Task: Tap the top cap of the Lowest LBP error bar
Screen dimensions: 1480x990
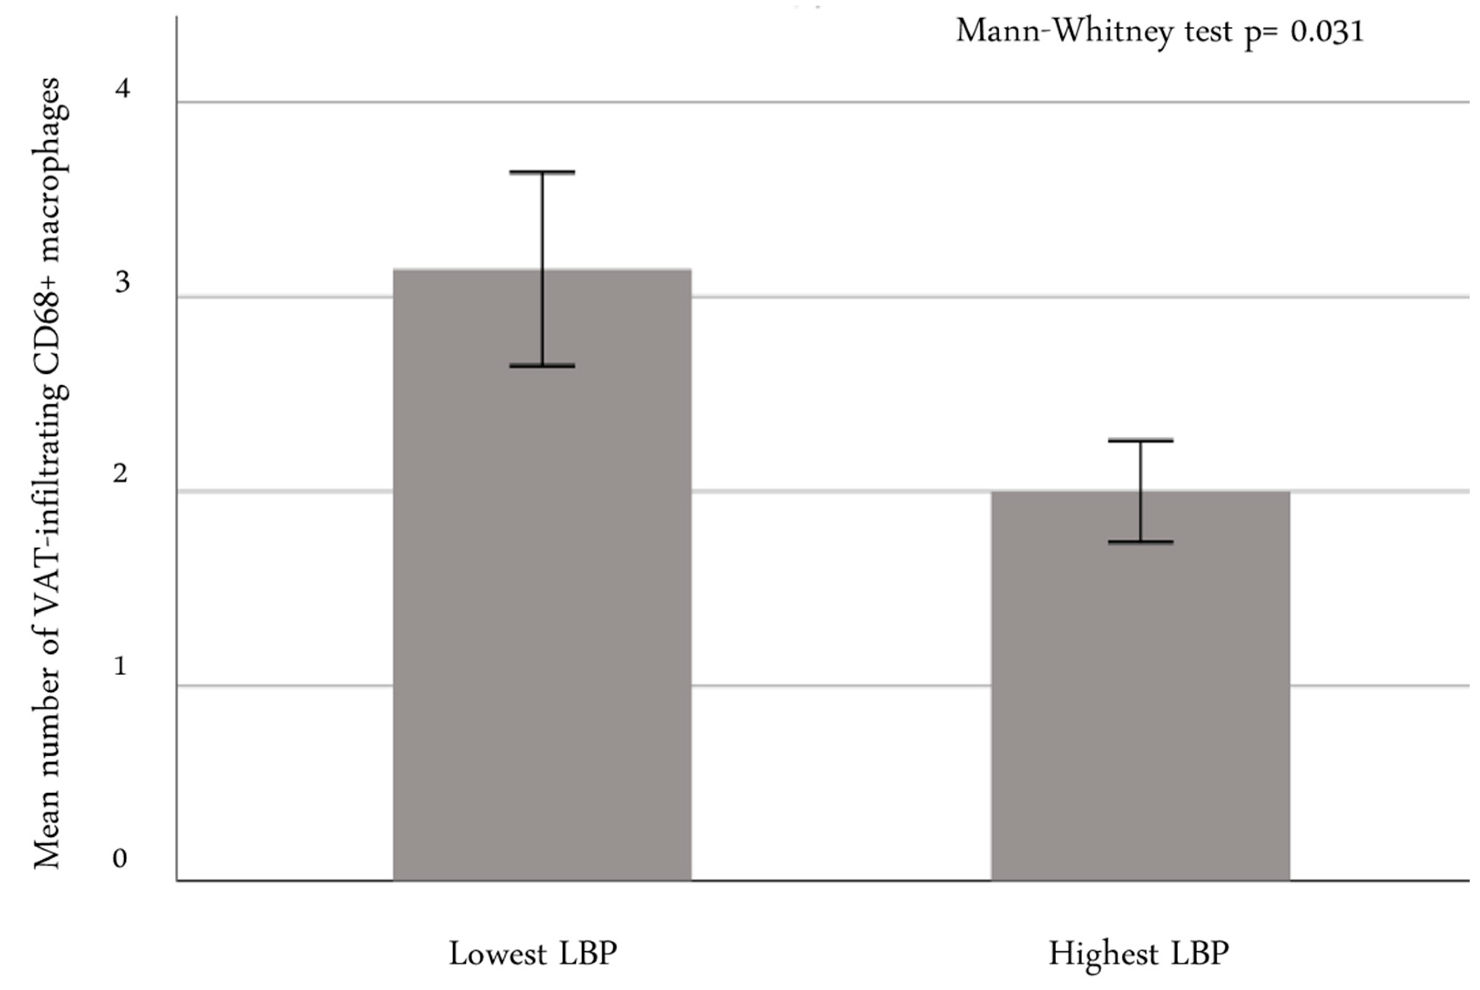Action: (x=541, y=172)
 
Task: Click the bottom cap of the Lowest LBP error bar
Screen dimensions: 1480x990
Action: (x=541, y=366)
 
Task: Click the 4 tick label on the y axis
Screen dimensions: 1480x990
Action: (x=122, y=88)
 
